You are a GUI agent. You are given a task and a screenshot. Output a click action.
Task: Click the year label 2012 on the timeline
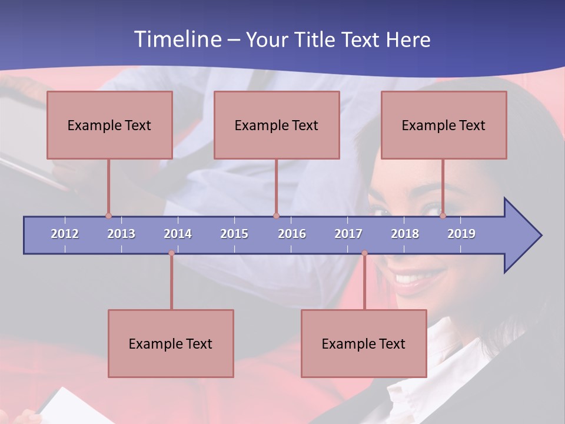[x=65, y=234]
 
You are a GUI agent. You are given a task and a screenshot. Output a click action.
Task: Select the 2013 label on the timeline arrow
[x=121, y=234]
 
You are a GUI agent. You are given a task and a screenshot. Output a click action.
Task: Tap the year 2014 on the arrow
[x=178, y=234]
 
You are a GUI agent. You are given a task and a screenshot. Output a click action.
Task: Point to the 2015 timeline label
[x=234, y=234]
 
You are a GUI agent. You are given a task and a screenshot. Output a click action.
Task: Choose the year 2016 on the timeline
[x=292, y=234]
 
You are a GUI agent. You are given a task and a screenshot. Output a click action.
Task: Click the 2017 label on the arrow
[x=348, y=234]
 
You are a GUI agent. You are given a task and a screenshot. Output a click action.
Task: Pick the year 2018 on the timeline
[x=405, y=234]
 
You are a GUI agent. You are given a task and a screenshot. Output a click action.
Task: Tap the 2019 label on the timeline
[x=461, y=234]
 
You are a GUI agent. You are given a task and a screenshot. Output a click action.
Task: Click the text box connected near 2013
[x=109, y=125]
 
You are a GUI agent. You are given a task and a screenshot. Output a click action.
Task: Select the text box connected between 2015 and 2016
[x=277, y=125]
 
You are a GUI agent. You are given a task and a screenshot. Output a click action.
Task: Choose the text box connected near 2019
[x=444, y=125]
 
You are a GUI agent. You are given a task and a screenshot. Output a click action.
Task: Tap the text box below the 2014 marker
[x=171, y=343]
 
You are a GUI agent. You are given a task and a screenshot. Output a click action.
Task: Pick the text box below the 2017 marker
[x=364, y=343]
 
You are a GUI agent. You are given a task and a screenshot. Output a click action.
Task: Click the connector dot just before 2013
[x=108, y=216]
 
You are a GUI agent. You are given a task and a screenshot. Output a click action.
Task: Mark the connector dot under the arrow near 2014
[x=171, y=253]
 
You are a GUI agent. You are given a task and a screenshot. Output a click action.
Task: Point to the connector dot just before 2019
[x=443, y=216]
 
